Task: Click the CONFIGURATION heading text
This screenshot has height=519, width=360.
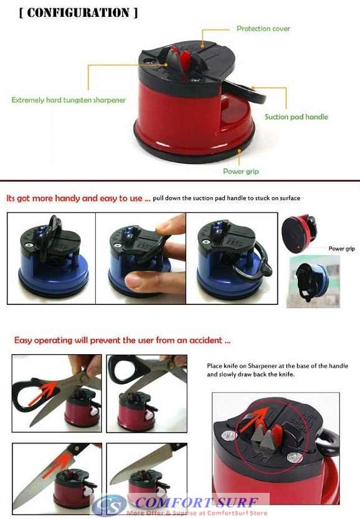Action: pos(78,12)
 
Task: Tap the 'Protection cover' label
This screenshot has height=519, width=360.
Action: pos(263,29)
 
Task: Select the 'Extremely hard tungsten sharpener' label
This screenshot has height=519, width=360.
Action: pos(69,100)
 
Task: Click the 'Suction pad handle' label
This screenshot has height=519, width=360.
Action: pos(296,116)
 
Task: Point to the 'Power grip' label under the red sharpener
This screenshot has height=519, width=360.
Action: pos(240,171)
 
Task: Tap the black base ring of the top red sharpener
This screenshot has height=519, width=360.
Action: pos(187,153)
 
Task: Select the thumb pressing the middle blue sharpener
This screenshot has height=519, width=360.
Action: pos(147,279)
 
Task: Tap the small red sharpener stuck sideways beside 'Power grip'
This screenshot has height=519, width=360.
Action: pos(298,231)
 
